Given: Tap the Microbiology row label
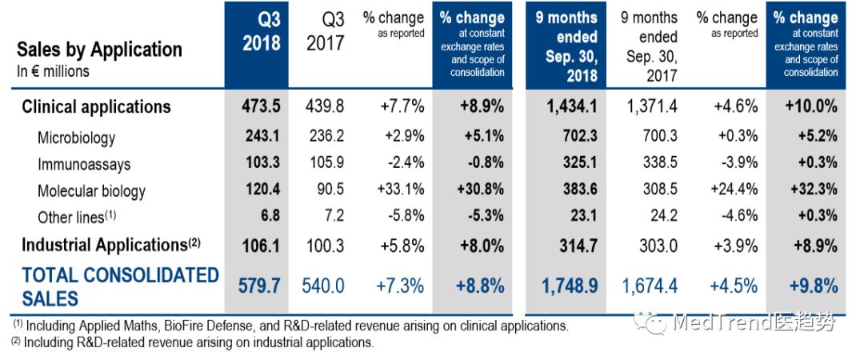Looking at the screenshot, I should (x=76, y=138).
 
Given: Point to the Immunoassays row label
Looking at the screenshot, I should (x=83, y=165).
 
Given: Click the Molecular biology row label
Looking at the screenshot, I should (x=91, y=191).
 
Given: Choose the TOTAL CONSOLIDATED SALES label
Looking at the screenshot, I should (x=120, y=286).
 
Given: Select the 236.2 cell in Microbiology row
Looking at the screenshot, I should (x=326, y=138).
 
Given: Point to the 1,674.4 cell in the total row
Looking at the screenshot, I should (x=649, y=286).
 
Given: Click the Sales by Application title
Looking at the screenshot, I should (x=99, y=50).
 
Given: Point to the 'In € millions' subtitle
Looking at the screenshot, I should (x=53, y=71).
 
